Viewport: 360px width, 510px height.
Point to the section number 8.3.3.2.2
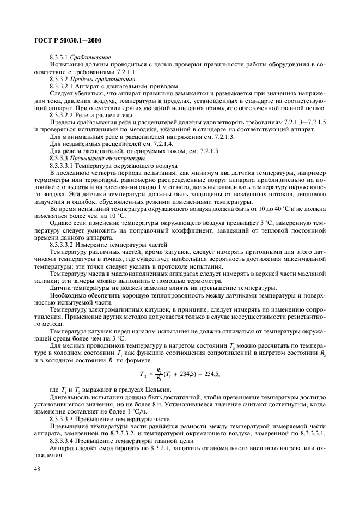pyautogui.click(x=65, y=116)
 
